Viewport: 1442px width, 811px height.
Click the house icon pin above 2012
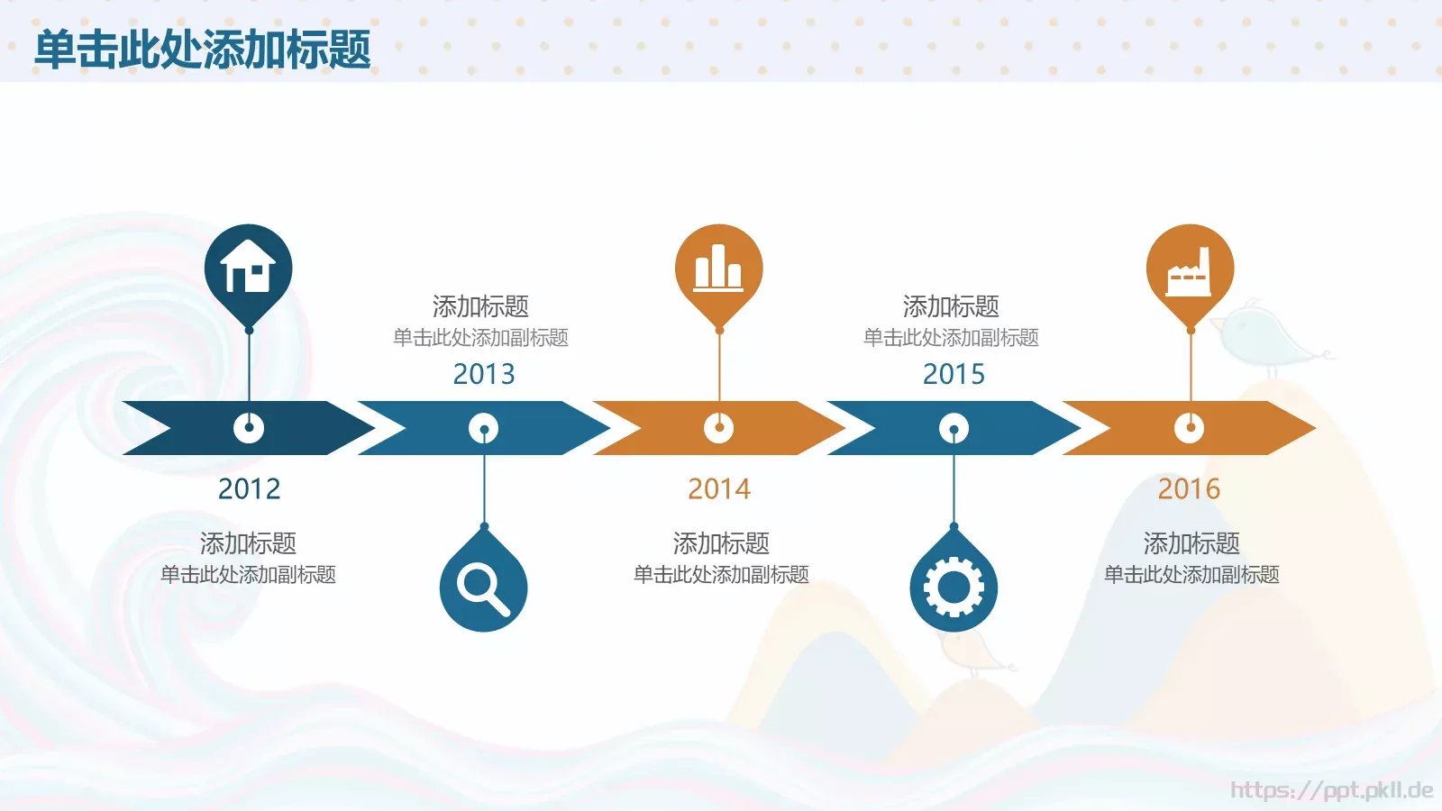click(x=249, y=268)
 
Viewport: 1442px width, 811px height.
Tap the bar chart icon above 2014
click(x=718, y=268)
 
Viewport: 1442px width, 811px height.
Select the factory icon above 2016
click(x=1190, y=269)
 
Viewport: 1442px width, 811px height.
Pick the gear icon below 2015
click(x=954, y=588)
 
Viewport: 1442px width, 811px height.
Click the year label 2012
click(x=249, y=488)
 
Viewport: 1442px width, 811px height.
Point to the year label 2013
click(x=484, y=373)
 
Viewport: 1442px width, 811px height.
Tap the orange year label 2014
click(x=719, y=488)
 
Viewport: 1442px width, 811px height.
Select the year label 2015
click(x=954, y=373)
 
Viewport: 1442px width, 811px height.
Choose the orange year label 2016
click(x=1189, y=488)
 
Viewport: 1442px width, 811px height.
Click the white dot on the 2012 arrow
click(x=249, y=428)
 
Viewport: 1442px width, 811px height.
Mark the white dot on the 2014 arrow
click(x=718, y=428)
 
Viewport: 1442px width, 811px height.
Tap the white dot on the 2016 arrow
click(x=1189, y=428)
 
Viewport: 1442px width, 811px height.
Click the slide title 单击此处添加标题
click(x=203, y=49)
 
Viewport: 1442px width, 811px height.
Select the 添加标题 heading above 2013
click(x=480, y=306)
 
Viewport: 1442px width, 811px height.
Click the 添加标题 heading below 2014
click(x=721, y=543)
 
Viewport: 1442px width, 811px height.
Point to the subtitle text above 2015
click(x=951, y=338)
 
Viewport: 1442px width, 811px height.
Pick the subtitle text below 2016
click(x=1191, y=575)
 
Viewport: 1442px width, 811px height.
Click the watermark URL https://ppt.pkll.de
click(x=1331, y=790)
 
